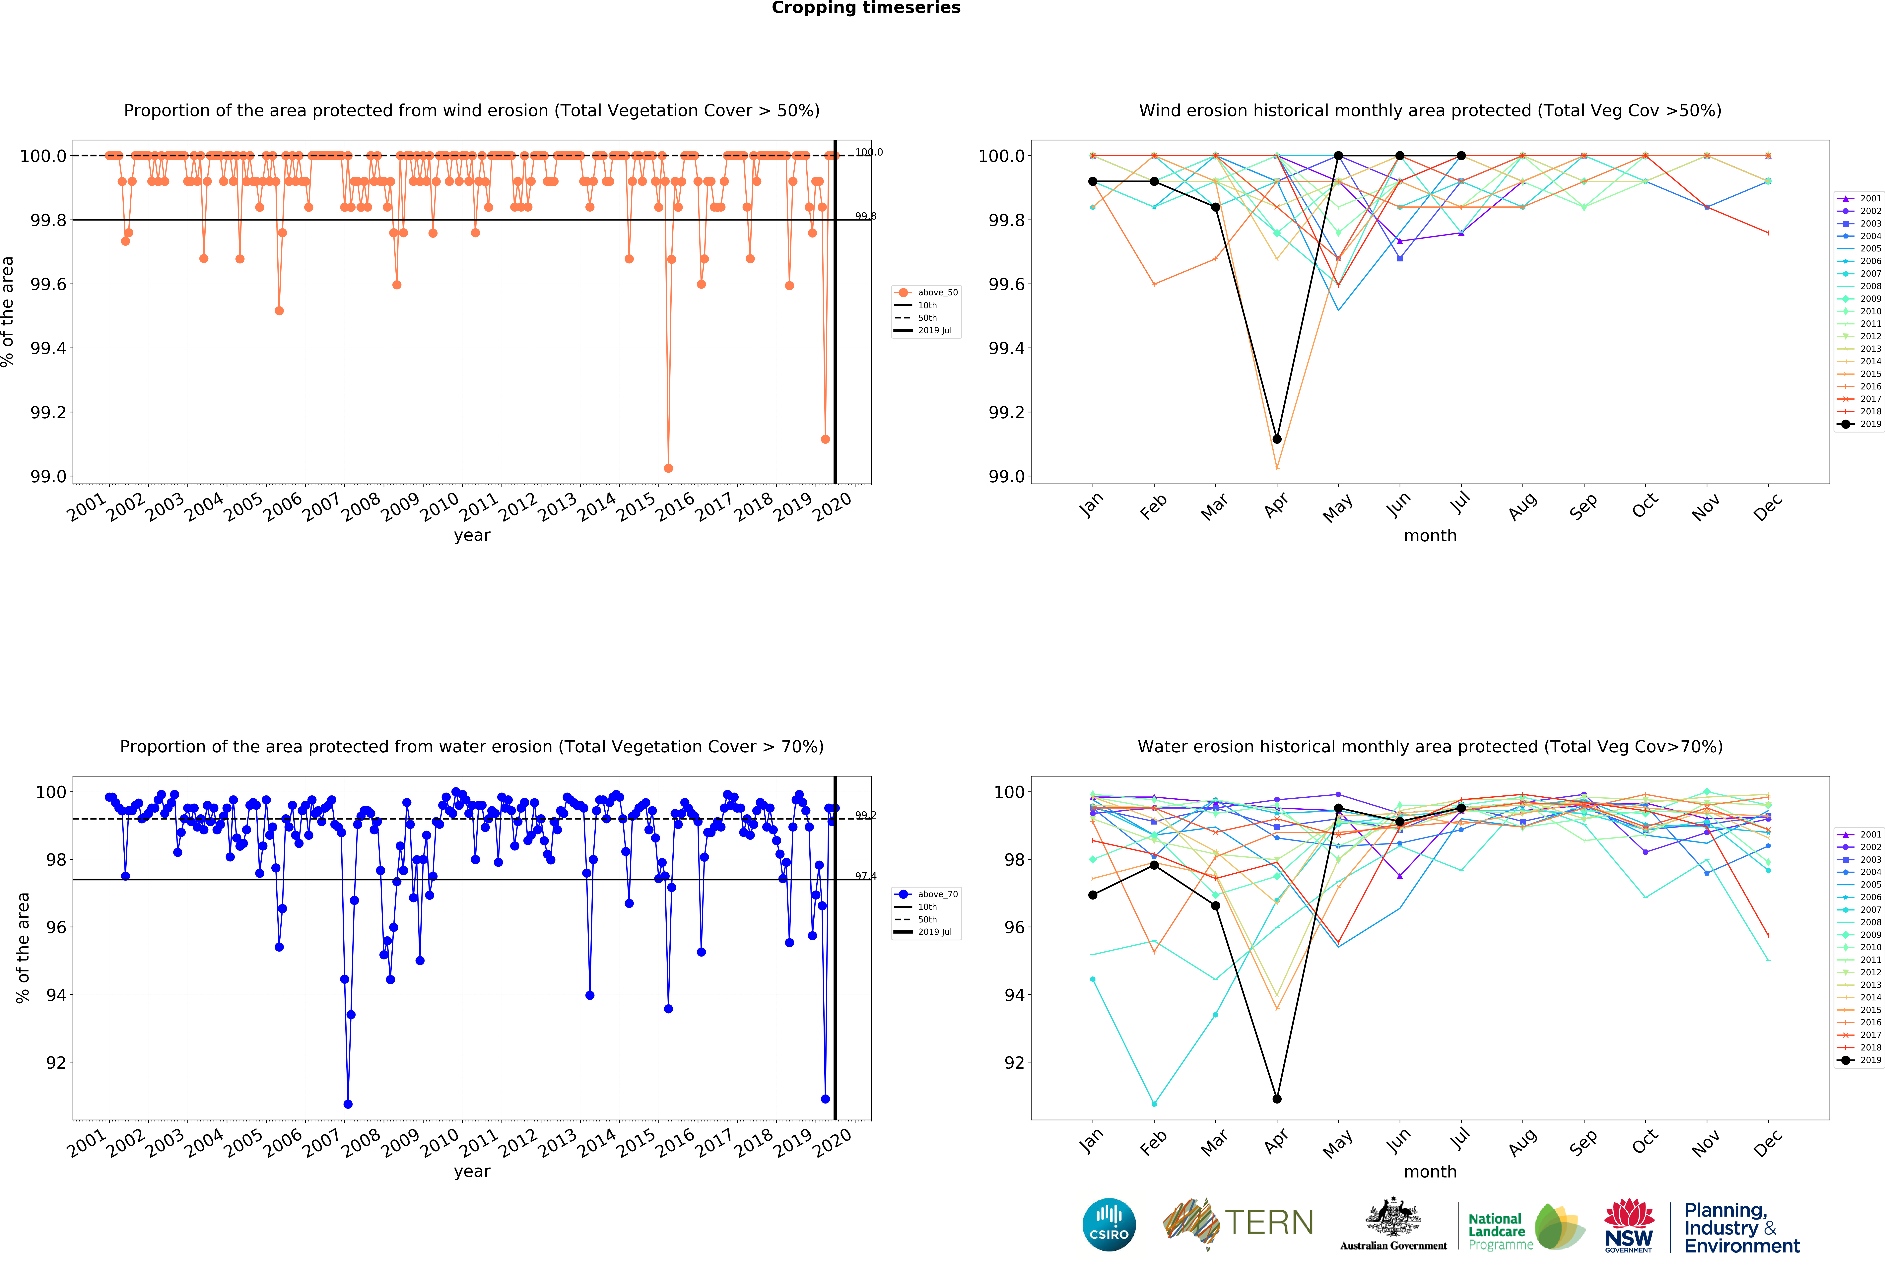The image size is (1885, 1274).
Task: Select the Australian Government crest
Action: tap(1393, 1216)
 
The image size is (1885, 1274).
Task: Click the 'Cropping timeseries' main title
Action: tap(865, 8)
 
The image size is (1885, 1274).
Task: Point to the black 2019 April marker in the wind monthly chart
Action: tap(1277, 439)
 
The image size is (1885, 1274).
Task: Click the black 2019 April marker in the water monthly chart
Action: tap(1277, 1099)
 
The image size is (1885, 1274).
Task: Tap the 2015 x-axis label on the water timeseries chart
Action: tap(635, 1143)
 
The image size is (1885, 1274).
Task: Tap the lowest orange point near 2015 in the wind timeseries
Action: tap(668, 468)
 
